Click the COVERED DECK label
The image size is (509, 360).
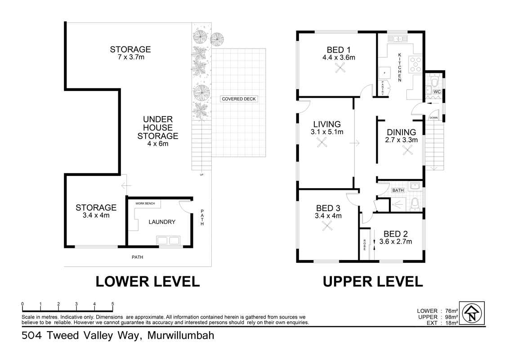tap(239, 99)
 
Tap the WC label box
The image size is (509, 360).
tap(437, 92)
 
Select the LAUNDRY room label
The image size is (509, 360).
tap(162, 222)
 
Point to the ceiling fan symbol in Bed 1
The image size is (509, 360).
tap(340, 67)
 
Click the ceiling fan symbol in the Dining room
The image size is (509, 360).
tap(407, 150)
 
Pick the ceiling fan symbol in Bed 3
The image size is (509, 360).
tap(327, 225)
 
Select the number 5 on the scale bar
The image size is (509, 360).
tap(113, 304)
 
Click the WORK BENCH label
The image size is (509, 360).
tap(145, 203)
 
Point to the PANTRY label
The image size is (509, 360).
tap(383, 88)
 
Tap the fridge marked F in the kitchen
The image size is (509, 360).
tap(384, 73)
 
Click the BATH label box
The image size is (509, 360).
tap(398, 190)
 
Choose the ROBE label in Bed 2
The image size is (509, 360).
tap(365, 245)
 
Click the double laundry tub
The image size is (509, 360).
tap(168, 240)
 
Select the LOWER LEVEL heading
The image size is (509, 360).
tap(147, 281)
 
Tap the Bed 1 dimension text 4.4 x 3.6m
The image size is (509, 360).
tap(339, 58)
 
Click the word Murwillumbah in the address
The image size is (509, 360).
tap(181, 335)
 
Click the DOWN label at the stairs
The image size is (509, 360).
tap(433, 117)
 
